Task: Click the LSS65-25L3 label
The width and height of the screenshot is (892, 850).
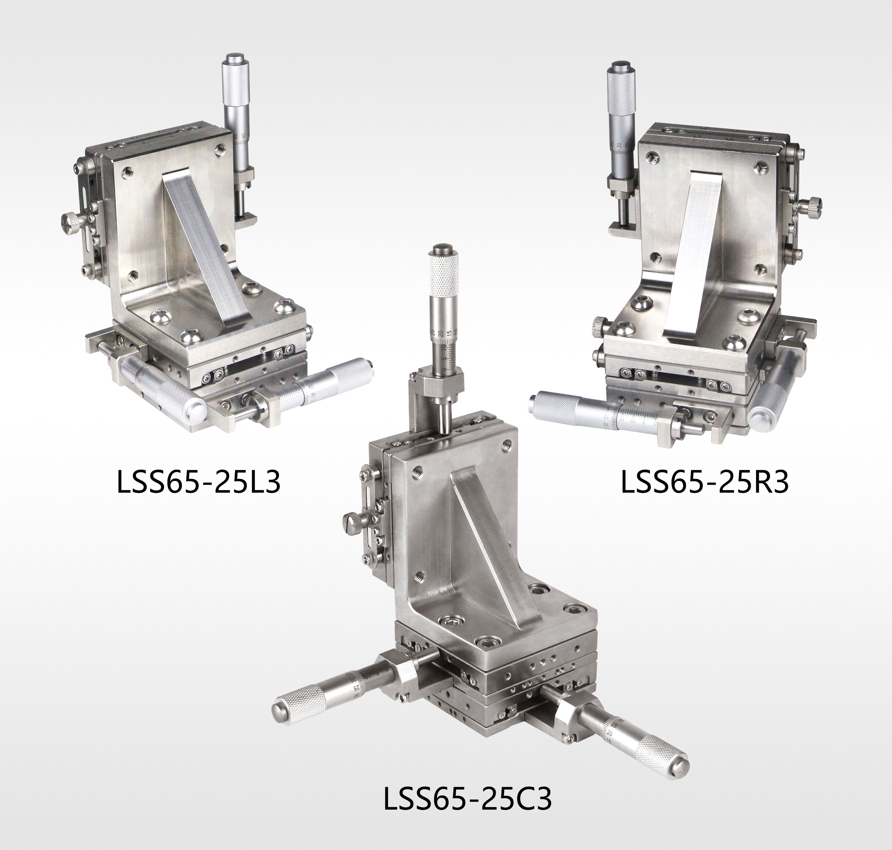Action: (199, 482)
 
